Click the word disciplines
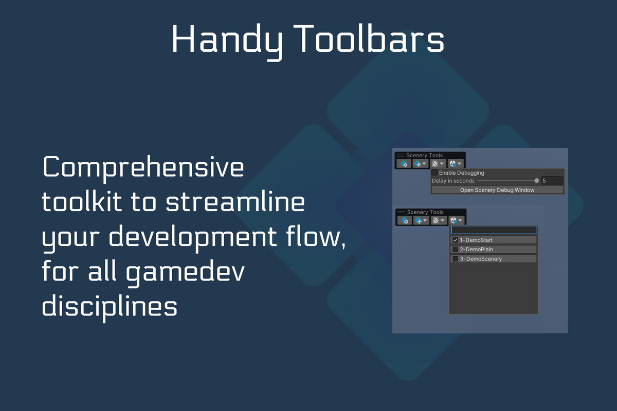point(110,306)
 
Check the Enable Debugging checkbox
point(434,173)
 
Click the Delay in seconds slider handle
point(537,181)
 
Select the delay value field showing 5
point(552,181)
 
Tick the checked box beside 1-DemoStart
point(456,240)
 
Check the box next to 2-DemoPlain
point(456,249)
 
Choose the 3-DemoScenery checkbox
point(456,259)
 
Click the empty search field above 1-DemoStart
point(493,230)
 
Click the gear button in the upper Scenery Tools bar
point(404,164)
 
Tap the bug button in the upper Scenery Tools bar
point(438,164)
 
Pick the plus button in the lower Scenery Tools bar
point(421,220)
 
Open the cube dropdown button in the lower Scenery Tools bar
point(456,220)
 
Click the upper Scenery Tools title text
point(425,155)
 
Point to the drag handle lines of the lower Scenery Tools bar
point(402,212)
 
